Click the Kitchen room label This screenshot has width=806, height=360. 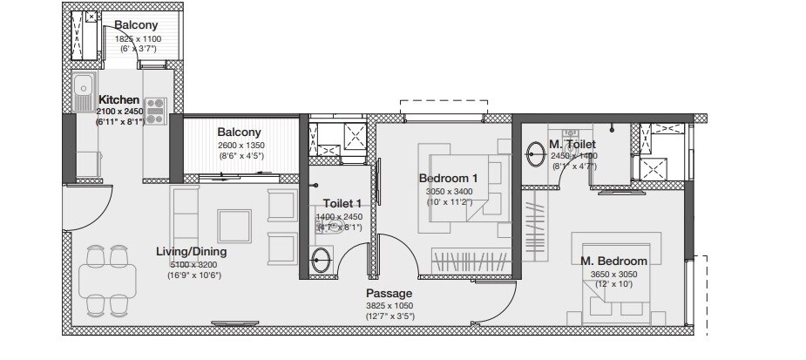coord(119,100)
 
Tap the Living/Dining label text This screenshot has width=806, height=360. coord(191,252)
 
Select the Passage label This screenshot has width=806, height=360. coord(389,293)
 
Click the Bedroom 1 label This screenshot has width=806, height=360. coord(448,178)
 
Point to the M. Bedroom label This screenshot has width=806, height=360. coord(615,261)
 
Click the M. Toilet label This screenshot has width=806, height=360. coord(572,144)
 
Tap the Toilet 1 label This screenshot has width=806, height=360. coord(342,203)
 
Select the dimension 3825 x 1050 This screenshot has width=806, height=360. coord(389,305)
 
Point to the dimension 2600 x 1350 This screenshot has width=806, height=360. coord(240,145)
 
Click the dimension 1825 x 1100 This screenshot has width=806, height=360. coord(137,38)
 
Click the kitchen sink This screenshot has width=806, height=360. coord(84,85)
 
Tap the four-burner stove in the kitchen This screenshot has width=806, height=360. coord(155,111)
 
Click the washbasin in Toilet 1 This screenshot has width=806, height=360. coord(321,259)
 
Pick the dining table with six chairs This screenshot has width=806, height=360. coord(108,280)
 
